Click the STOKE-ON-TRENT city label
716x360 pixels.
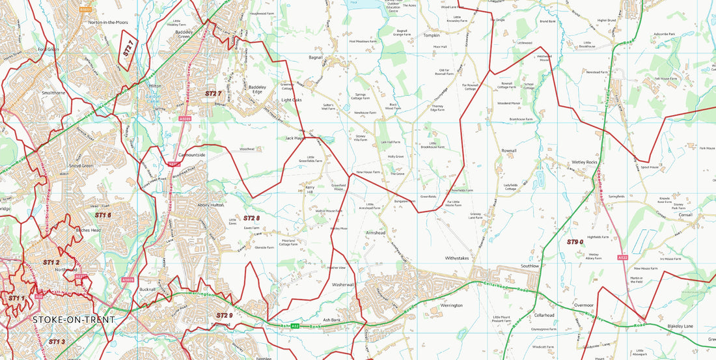click(73, 320)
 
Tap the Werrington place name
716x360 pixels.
click(451, 305)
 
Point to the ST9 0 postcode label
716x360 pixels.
click(575, 242)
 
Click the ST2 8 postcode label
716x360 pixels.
click(251, 218)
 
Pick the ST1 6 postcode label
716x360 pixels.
click(103, 215)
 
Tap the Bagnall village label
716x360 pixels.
click(316, 57)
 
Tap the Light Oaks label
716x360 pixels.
click(292, 100)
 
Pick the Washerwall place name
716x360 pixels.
click(343, 285)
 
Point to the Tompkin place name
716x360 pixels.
click(432, 35)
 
